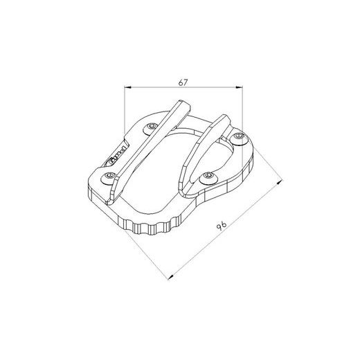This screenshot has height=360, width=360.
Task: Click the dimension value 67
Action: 183,82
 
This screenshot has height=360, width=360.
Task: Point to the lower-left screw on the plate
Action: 110,179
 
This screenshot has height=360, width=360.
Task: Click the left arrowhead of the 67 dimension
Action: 127,88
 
